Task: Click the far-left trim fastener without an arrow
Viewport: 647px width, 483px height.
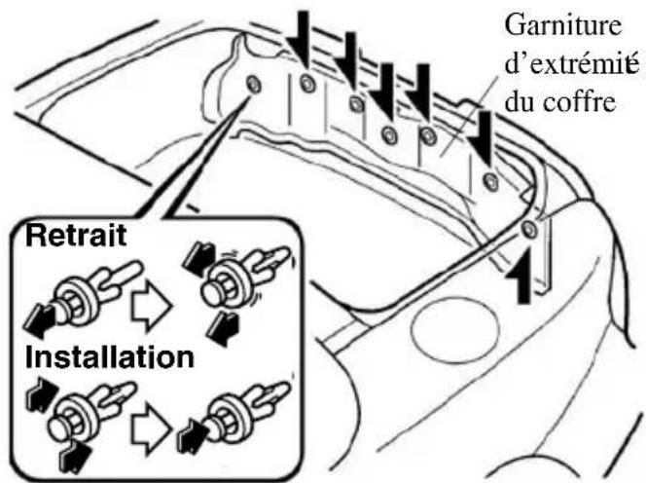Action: (253, 86)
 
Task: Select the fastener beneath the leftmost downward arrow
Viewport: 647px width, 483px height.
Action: (306, 83)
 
